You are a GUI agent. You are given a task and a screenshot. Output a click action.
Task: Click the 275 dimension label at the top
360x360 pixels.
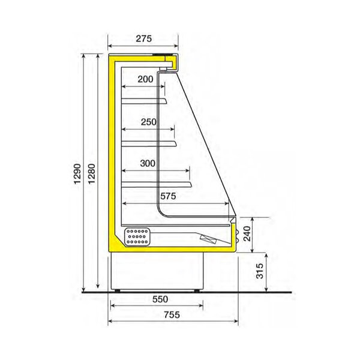point(143,38)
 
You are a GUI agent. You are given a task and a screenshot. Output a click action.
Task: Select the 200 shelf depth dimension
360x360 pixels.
point(145,79)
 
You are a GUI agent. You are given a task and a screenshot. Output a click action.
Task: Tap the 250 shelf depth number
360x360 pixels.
point(148,122)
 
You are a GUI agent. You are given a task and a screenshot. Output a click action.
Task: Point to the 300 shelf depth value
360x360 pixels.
point(148,163)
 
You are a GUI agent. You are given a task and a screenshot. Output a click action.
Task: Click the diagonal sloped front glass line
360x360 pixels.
point(204,138)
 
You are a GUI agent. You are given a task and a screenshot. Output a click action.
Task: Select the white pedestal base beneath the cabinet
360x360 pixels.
point(159,270)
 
